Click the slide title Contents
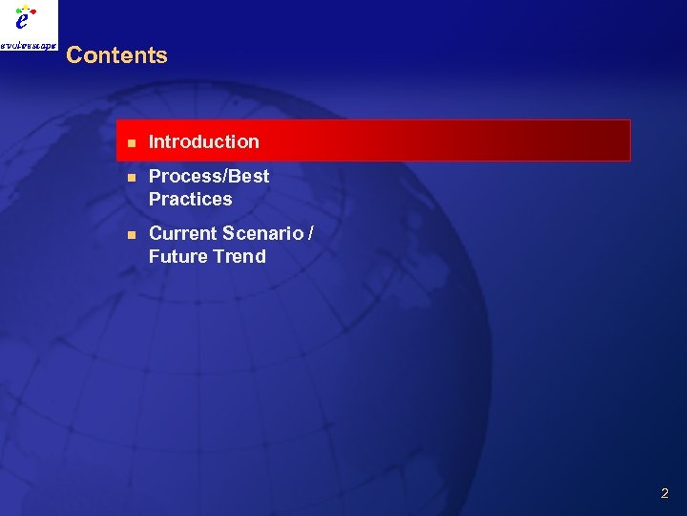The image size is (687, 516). point(116,55)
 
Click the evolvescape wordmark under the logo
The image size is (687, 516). point(29,44)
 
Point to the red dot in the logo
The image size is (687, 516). point(34,13)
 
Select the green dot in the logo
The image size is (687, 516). point(19,11)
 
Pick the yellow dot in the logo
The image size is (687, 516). point(27,8)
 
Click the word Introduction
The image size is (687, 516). point(204,141)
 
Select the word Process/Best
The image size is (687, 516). point(209,176)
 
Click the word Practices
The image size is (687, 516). point(190,199)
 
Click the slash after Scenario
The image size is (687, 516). point(311,233)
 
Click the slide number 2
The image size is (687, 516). point(664,494)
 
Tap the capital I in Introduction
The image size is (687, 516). point(152,141)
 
